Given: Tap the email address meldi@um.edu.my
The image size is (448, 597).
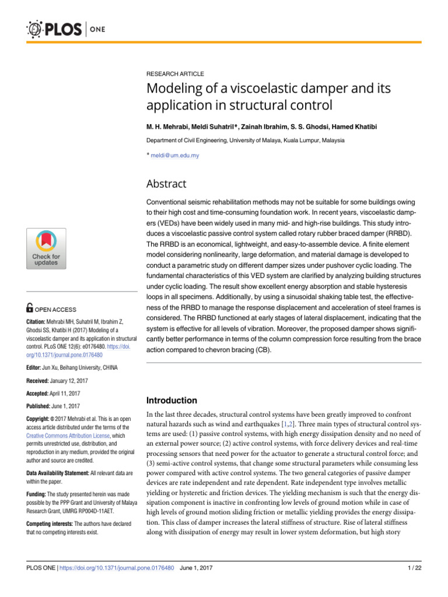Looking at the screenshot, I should (175, 156).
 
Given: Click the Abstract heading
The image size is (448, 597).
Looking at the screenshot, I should (166, 184).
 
